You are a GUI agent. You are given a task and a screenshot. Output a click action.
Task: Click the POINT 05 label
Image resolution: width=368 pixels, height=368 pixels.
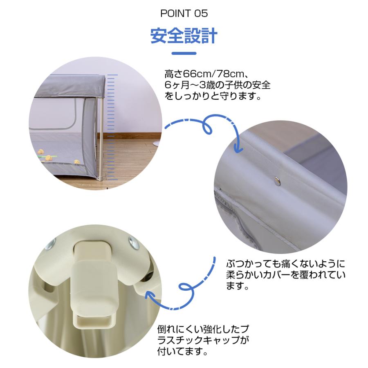click(x=184, y=13)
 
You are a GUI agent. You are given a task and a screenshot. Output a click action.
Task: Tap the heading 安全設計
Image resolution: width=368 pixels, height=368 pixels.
click(x=184, y=36)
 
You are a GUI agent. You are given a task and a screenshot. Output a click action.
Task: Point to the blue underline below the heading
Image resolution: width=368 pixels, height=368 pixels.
click(x=184, y=53)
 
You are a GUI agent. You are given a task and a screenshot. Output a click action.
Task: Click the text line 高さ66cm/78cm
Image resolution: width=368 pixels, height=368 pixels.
click(x=204, y=75)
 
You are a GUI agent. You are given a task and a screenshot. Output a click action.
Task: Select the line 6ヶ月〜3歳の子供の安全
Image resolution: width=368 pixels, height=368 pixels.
click(x=217, y=86)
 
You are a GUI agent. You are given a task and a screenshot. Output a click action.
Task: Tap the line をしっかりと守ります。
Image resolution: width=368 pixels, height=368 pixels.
click(x=213, y=97)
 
